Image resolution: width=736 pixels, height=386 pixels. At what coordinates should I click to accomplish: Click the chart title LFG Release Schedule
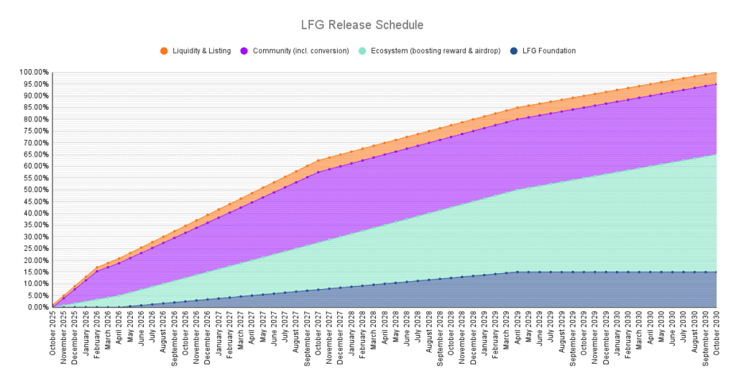362,25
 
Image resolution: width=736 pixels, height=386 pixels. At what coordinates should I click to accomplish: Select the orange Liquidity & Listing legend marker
164,51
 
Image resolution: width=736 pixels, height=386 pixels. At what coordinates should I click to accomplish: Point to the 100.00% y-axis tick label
34,73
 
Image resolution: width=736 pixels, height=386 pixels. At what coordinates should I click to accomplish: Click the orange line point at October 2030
717,73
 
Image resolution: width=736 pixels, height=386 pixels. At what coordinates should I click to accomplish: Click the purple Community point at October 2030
717,84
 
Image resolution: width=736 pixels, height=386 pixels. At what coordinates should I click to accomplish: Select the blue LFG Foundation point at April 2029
517,272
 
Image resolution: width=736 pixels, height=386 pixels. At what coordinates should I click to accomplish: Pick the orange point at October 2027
318,161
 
